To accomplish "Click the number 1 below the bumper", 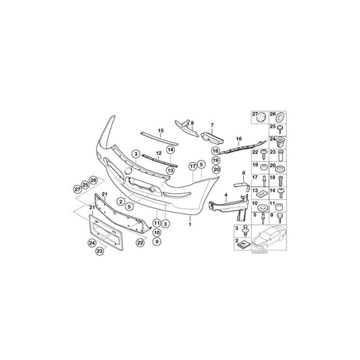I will [x=190, y=224].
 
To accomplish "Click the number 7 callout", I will [x=211, y=125].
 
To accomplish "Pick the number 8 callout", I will [x=192, y=123].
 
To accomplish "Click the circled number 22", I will [x=140, y=242].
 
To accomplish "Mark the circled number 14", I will [x=171, y=149].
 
